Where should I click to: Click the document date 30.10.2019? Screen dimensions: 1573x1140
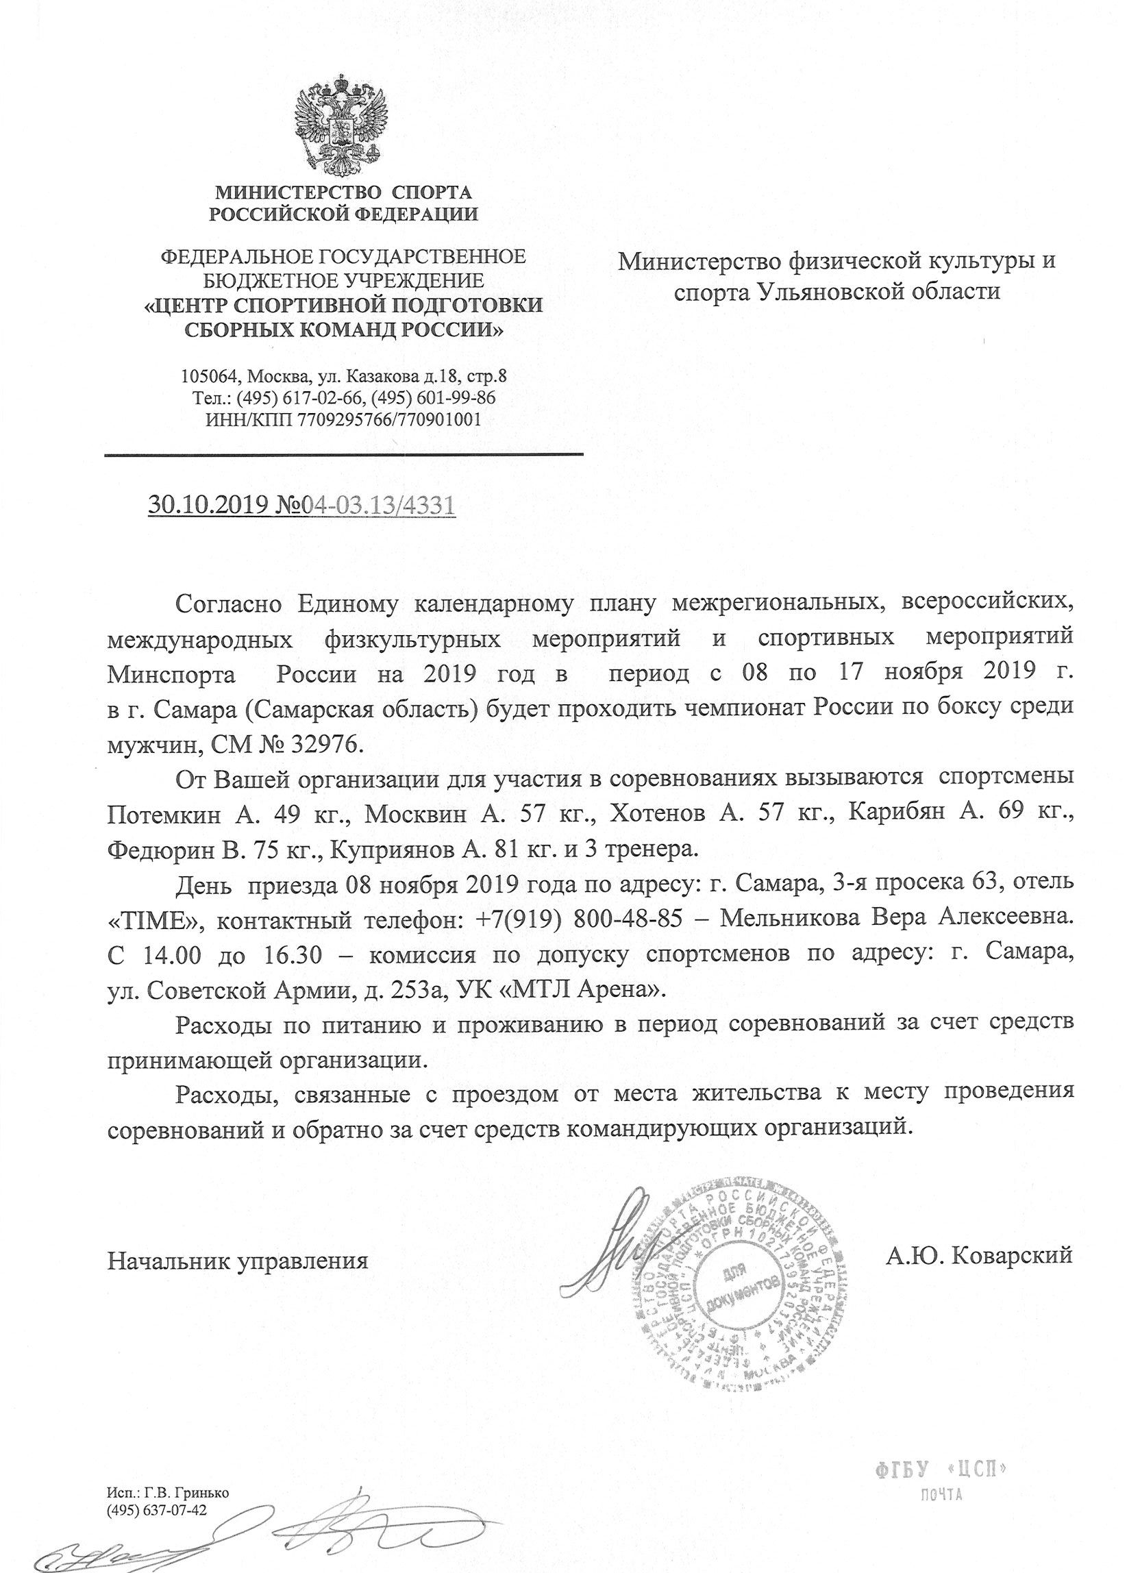[208, 505]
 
